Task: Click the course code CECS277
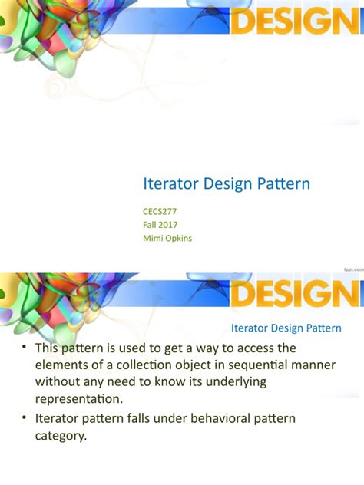click(164, 211)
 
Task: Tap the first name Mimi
click(154, 239)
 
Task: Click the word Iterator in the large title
click(168, 184)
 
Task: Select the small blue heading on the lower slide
click(286, 328)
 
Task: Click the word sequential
click(251, 365)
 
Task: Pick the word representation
click(79, 398)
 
